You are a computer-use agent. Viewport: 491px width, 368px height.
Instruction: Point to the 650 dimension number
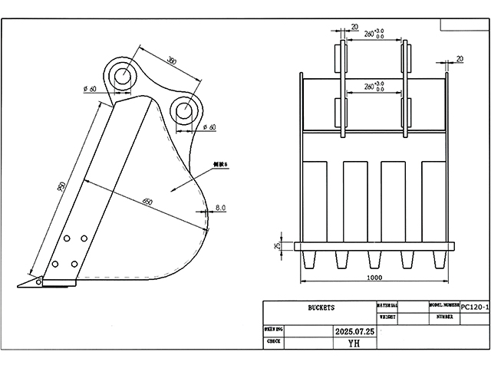pyautogui.click(x=147, y=202)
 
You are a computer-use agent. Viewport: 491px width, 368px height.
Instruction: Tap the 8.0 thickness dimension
pyautogui.click(x=220, y=208)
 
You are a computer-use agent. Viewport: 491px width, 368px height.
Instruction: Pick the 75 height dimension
pyautogui.click(x=277, y=245)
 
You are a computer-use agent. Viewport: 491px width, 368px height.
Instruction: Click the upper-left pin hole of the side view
pyautogui.click(x=122, y=76)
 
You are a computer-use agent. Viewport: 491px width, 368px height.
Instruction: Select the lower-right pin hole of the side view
pyautogui.click(x=184, y=110)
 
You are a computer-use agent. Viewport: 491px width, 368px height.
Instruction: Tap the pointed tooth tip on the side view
pyautogui.click(x=23, y=284)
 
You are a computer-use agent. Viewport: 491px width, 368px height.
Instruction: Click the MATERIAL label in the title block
pyautogui.click(x=387, y=305)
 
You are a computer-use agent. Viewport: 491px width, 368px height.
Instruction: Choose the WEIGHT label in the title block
pyautogui.click(x=387, y=316)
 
